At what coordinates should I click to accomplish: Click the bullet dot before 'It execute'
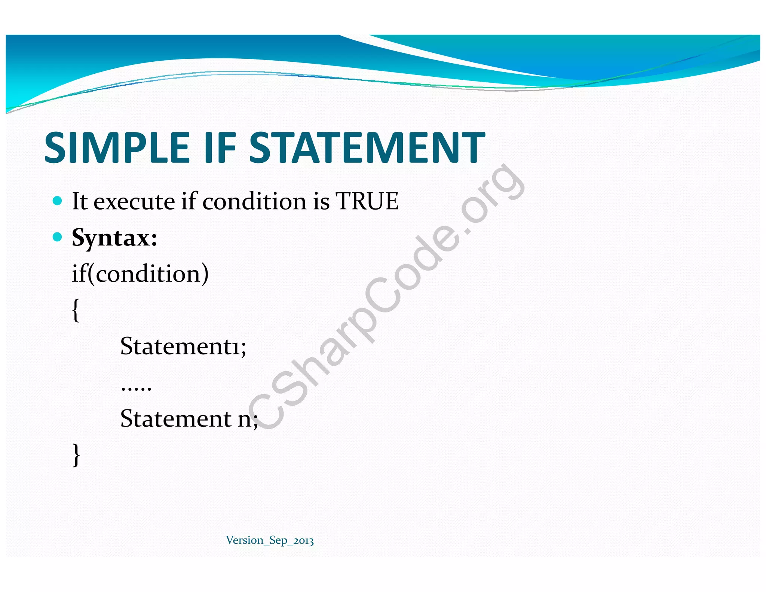(x=57, y=201)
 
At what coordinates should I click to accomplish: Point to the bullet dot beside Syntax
(x=57, y=237)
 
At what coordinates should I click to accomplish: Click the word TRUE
(x=367, y=201)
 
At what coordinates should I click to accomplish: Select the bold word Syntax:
(x=114, y=238)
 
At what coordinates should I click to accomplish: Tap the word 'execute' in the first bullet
(x=134, y=202)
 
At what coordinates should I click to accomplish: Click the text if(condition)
(x=140, y=274)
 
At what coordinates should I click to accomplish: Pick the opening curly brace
(x=76, y=310)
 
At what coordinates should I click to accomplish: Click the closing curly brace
(x=76, y=454)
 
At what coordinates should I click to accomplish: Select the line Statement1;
(x=183, y=346)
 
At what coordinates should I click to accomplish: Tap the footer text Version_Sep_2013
(x=270, y=540)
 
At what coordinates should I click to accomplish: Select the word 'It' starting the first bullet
(x=79, y=201)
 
